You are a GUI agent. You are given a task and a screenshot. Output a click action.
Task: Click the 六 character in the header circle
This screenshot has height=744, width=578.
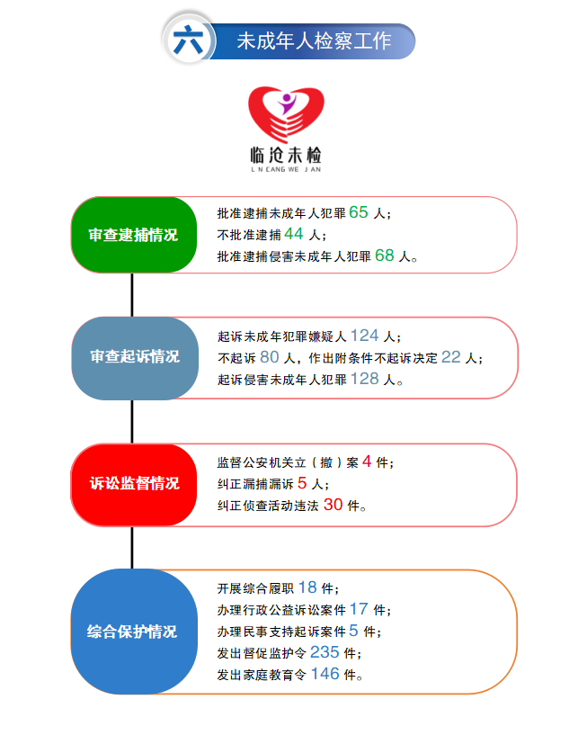point(187,40)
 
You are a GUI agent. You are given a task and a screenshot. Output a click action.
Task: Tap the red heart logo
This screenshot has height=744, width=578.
point(287,113)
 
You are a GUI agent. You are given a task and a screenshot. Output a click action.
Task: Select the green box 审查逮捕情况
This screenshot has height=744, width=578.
point(133,235)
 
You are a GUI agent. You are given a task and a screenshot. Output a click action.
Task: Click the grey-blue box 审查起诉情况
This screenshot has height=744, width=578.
point(134,357)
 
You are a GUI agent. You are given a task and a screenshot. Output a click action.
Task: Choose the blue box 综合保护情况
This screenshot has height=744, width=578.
point(134,632)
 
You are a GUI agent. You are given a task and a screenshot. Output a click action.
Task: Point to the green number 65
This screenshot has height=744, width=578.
point(359,213)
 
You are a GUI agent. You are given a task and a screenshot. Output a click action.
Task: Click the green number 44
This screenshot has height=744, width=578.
point(294,234)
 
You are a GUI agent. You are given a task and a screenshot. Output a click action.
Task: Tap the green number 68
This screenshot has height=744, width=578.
point(385,255)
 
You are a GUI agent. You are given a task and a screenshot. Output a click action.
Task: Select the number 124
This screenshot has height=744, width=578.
point(364,336)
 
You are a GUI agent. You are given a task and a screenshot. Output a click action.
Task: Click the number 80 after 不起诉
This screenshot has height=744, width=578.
point(270,357)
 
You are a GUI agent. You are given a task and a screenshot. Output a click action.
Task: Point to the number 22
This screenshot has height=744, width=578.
point(450,357)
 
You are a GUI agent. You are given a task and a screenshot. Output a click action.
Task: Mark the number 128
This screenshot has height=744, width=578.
point(366,379)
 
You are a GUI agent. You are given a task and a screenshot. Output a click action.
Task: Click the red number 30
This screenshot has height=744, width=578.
point(333,505)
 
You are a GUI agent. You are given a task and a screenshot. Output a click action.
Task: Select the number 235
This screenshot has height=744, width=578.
point(324,652)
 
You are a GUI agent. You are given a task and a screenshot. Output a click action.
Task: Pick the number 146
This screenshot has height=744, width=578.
point(325,674)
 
